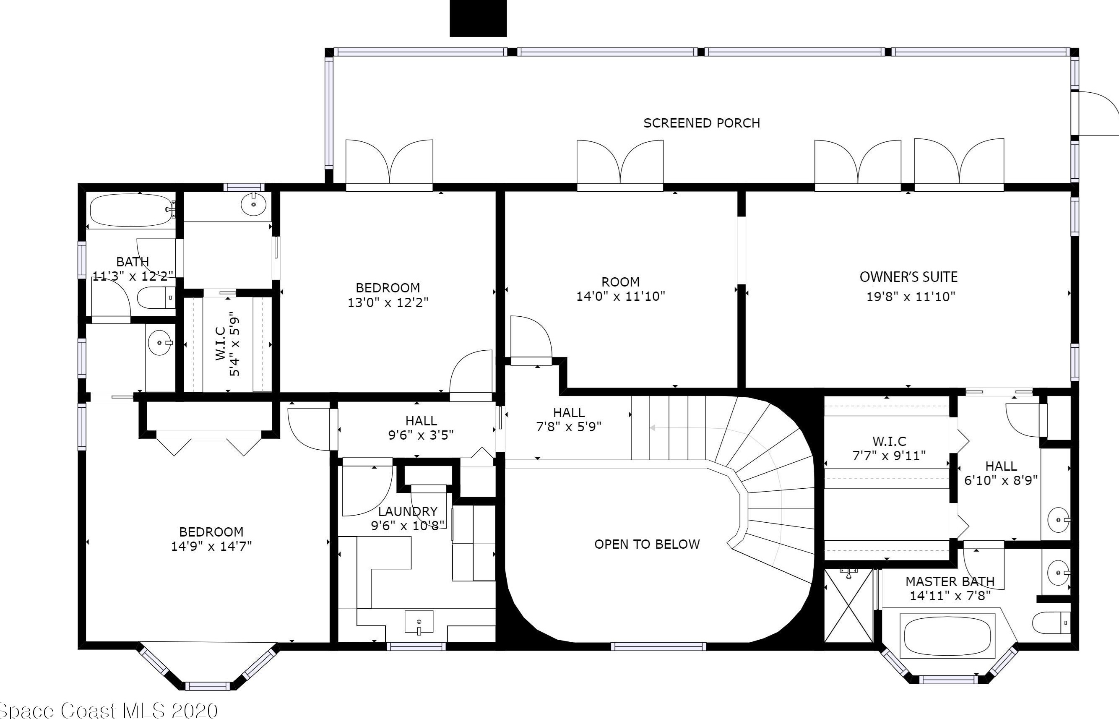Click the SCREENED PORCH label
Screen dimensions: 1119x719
click(x=702, y=123)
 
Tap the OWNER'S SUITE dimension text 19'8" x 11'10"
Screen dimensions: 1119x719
click(x=911, y=297)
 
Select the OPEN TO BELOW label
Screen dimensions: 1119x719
click(x=647, y=544)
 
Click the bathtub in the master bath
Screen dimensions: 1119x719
click(x=948, y=636)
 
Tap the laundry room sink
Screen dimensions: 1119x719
click(x=419, y=623)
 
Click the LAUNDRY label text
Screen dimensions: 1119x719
click(x=408, y=511)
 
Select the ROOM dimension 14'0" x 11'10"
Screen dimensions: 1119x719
click(x=620, y=297)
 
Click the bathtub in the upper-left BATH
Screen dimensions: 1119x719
click(x=131, y=211)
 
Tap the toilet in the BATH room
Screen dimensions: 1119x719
click(x=156, y=297)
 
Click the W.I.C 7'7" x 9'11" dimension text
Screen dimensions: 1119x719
click(x=889, y=456)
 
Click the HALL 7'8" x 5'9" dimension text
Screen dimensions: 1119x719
click(x=569, y=426)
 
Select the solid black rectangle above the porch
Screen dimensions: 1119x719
click(x=478, y=18)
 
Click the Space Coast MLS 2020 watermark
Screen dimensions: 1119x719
click(x=108, y=710)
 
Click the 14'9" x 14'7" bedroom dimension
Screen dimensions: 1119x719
click(x=211, y=546)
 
